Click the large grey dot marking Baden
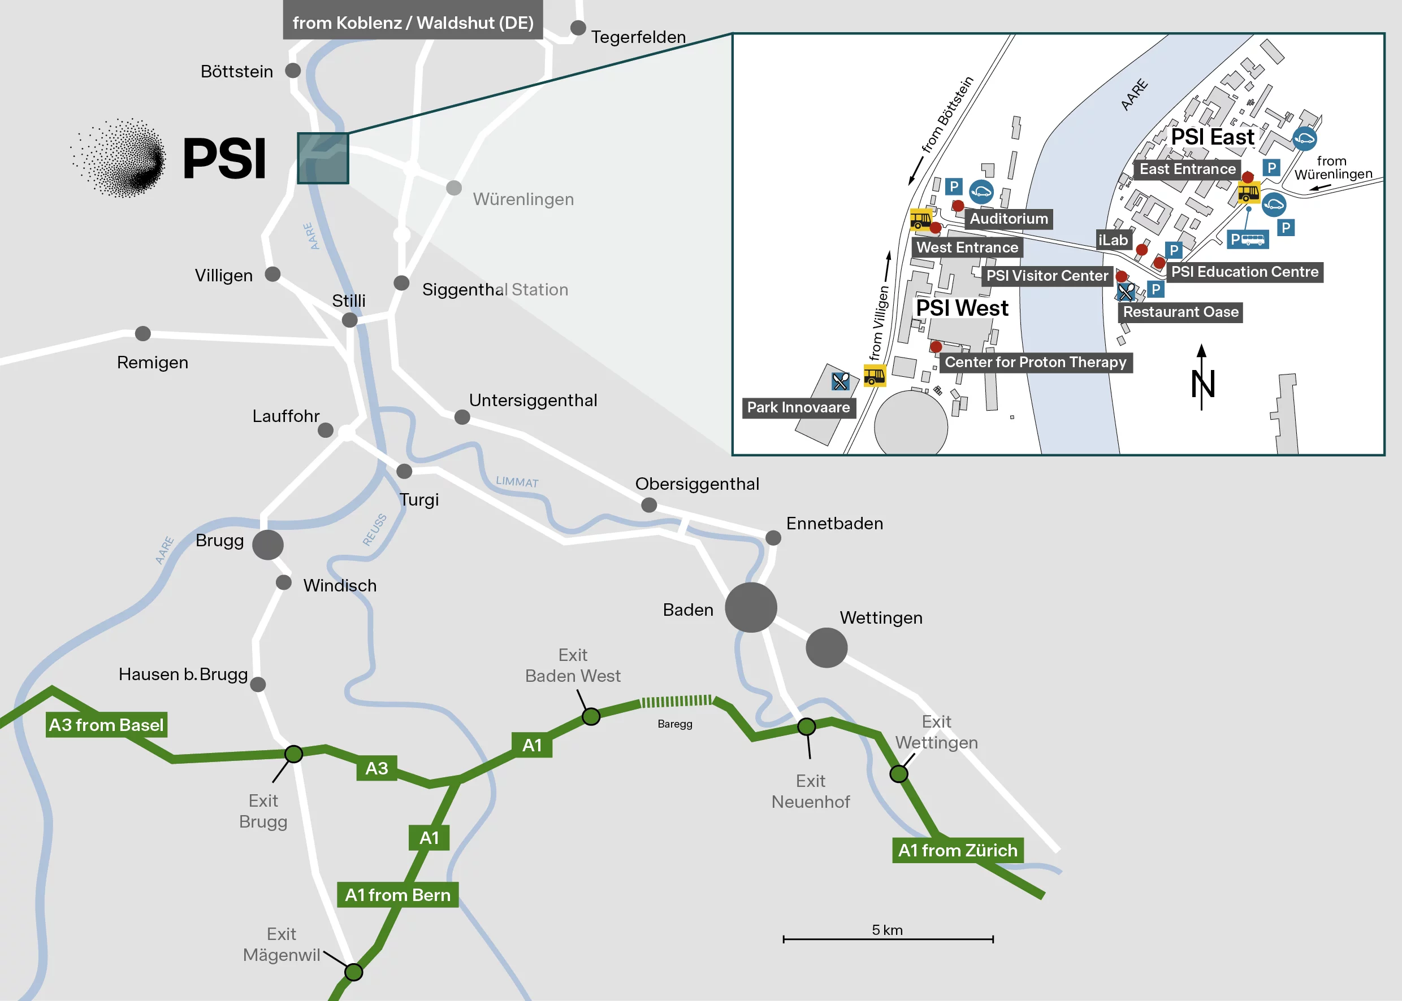pyautogui.click(x=751, y=607)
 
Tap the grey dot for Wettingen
pyautogui.click(x=826, y=647)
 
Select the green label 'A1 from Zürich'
pyautogui.click(x=957, y=850)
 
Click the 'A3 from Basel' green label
pyautogui.click(x=106, y=724)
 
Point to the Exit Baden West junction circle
pyautogui.click(x=591, y=716)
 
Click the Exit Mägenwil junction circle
pyautogui.click(x=353, y=972)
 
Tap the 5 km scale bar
pyautogui.click(x=888, y=939)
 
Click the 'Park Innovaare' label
pyautogui.click(x=798, y=407)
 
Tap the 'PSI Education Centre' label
pyautogui.click(x=1244, y=272)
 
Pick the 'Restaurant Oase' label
pyautogui.click(x=1180, y=312)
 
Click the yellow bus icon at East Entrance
pyautogui.click(x=1248, y=193)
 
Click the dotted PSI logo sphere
pyautogui.click(x=120, y=158)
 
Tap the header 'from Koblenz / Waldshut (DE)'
pyautogui.click(x=413, y=23)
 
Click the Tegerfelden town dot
pyautogui.click(x=578, y=28)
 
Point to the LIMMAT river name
pyautogui.click(x=517, y=481)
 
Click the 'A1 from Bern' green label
pyautogui.click(x=397, y=894)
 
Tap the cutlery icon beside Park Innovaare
pyautogui.click(x=840, y=381)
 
